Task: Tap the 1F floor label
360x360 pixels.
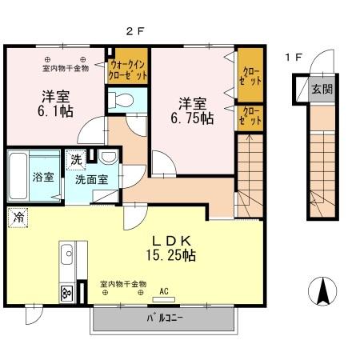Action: click(x=294, y=58)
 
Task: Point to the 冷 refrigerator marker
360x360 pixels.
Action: click(x=18, y=216)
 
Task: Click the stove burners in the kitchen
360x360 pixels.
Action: click(x=66, y=293)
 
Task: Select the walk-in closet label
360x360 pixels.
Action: click(x=128, y=70)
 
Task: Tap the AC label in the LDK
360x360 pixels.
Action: click(x=165, y=291)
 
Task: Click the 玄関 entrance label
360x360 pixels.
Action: click(x=322, y=89)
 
